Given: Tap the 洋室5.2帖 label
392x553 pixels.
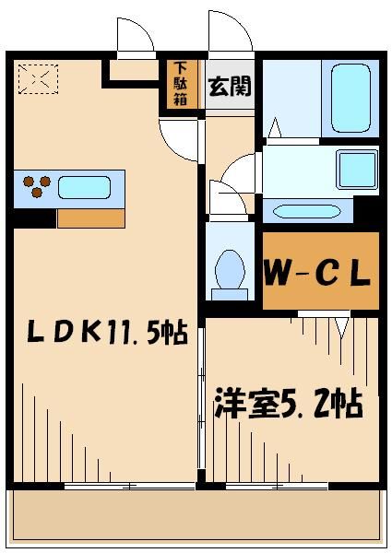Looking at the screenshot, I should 289,403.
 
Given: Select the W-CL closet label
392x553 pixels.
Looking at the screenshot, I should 319,272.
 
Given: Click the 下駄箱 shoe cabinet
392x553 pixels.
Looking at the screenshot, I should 180,84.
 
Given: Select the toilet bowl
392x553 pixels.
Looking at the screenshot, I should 229,273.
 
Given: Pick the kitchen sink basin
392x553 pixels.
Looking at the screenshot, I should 85,188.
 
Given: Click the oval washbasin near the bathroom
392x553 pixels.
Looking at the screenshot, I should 307,211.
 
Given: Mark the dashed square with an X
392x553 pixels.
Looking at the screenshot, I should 38,79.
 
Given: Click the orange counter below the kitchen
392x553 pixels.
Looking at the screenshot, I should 90,218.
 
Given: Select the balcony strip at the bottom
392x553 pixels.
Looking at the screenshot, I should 195,515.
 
